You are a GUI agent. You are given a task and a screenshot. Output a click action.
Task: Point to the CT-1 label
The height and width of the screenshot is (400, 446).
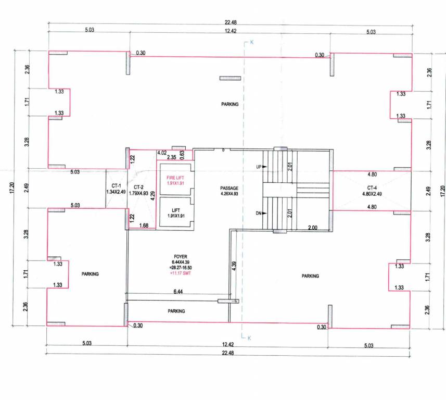point(116,186)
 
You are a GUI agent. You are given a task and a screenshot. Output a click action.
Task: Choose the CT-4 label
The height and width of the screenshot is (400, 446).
point(372,187)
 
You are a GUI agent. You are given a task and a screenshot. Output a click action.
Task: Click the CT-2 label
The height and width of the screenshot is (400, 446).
point(138,186)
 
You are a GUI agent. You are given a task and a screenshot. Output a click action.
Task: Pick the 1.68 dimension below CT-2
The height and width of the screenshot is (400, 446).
point(144,225)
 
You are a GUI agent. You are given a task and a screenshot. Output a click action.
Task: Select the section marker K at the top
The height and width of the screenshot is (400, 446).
point(251,42)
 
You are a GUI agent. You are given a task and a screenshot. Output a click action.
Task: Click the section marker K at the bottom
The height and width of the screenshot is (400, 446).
point(249,338)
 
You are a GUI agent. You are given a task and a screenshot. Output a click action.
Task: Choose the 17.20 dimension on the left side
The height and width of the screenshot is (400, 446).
point(11,189)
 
